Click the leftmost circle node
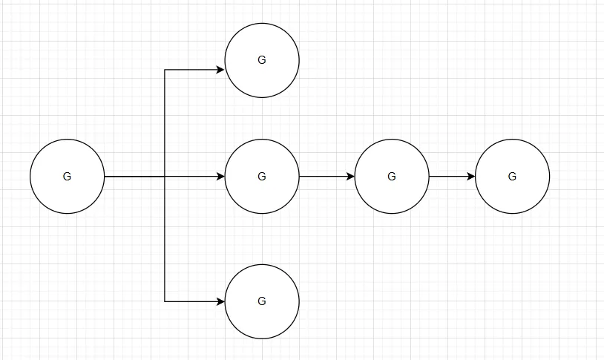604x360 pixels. [x=68, y=177]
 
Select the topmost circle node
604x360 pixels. [x=262, y=60]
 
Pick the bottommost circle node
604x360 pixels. [x=262, y=301]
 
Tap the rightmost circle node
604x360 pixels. [x=512, y=177]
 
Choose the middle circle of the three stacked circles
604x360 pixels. [x=262, y=177]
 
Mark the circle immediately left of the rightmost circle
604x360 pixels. [x=392, y=177]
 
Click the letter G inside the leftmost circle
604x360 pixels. [x=68, y=177]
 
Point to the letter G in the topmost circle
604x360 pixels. [x=262, y=60]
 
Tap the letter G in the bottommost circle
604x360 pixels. [x=262, y=301]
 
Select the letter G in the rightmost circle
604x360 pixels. [x=512, y=177]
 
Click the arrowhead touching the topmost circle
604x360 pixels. [x=220, y=70]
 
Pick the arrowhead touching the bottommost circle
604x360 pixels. [x=220, y=301]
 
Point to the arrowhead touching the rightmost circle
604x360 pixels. [x=470, y=177]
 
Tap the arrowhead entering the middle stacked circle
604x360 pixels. [x=220, y=177]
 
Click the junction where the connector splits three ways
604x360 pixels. [x=165, y=177]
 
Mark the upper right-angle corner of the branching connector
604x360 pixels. [x=165, y=70]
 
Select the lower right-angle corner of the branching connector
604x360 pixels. [x=165, y=301]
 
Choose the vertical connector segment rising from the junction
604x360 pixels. [x=165, y=123]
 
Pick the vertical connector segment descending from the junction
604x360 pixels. [x=165, y=239]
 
